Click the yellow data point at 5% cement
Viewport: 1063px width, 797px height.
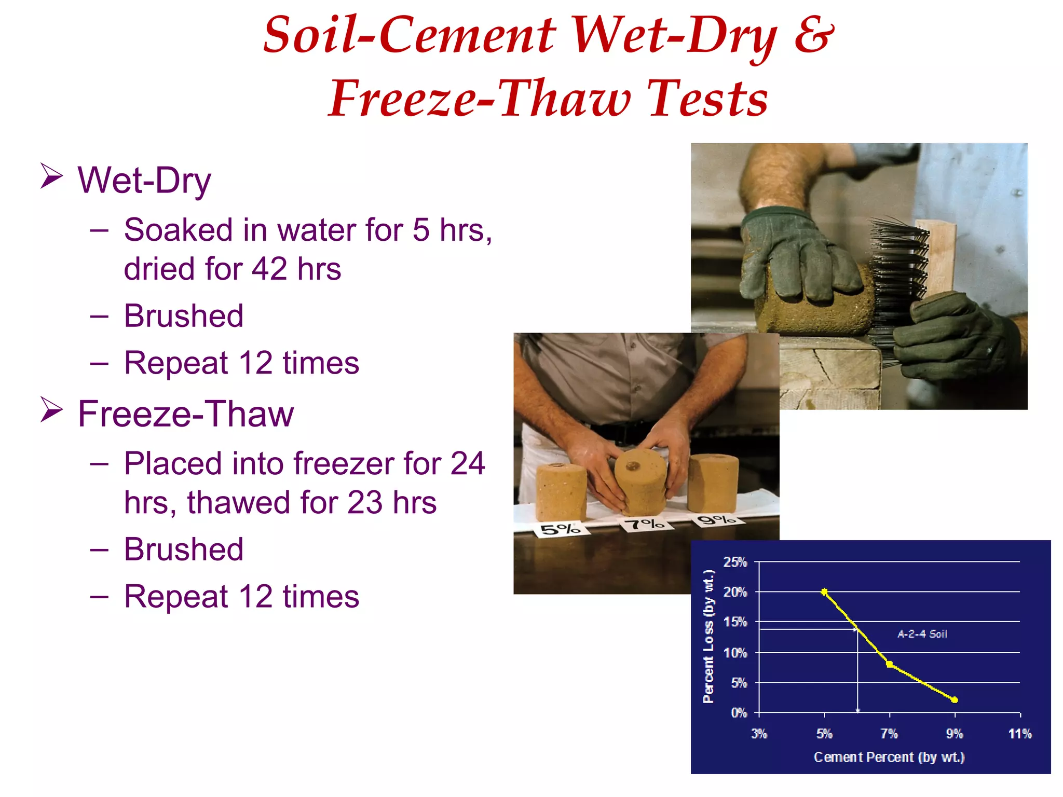(824, 592)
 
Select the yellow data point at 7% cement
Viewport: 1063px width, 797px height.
(890, 664)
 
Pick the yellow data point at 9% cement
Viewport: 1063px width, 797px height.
(955, 700)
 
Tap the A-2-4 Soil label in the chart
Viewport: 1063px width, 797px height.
(922, 634)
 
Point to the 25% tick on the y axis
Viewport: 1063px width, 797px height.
(735, 562)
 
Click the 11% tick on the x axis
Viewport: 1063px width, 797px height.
(1020, 734)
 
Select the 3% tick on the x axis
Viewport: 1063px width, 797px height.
(759, 734)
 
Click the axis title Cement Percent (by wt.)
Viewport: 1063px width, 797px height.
(889, 757)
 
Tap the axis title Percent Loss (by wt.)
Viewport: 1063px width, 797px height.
(708, 636)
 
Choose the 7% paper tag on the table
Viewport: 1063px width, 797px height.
(644, 524)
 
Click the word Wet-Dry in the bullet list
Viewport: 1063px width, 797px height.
(144, 181)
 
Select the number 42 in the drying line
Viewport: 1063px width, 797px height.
(269, 269)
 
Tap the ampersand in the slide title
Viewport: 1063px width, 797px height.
(814, 34)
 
